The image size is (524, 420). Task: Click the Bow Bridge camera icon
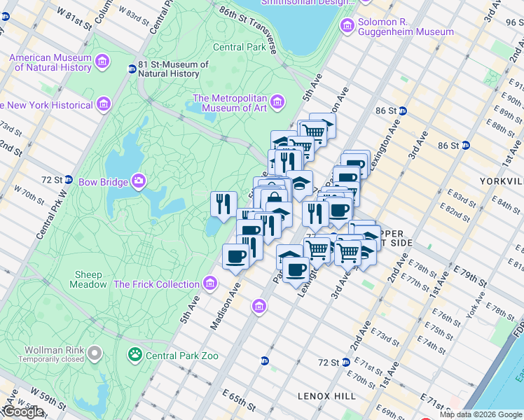pos(139,182)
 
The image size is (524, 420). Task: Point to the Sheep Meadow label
pos(88,280)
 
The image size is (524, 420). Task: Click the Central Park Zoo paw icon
pos(135,356)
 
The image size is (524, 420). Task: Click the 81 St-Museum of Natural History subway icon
pos(132,69)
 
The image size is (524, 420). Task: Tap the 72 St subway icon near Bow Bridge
pos(69,179)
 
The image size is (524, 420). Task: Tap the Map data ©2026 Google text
pos(481,414)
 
